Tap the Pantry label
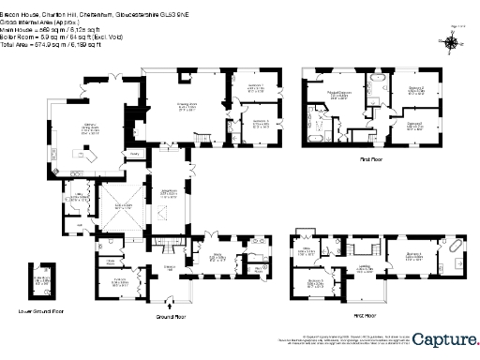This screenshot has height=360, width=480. pos(134,152)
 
